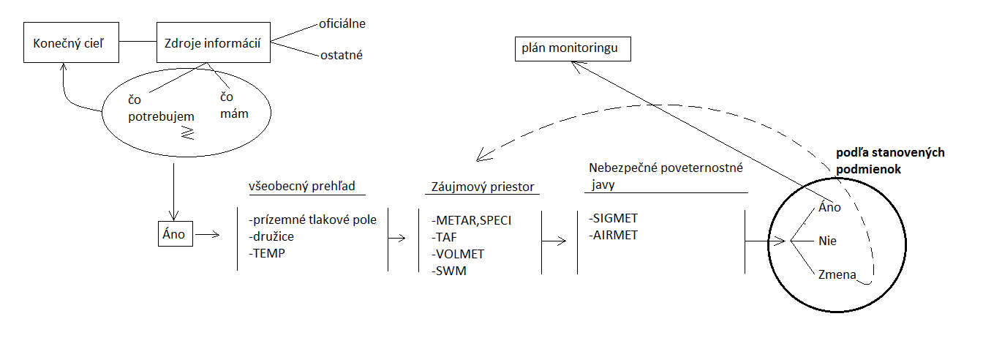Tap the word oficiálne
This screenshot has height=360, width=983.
pyautogui.click(x=342, y=23)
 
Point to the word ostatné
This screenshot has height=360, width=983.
pyautogui.click(x=341, y=55)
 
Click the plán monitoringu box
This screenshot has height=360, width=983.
pyautogui.click(x=570, y=49)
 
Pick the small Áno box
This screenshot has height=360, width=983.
pyautogui.click(x=174, y=235)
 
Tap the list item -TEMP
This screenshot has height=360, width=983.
pyautogui.click(x=267, y=253)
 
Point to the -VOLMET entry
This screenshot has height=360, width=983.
pyautogui.click(x=458, y=254)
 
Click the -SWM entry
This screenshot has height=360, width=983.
pyautogui.click(x=449, y=271)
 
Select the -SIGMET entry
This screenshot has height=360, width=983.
pyautogui.click(x=612, y=218)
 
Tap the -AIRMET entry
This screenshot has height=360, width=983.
pyautogui.click(x=613, y=236)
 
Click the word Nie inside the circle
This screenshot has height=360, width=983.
pyautogui.click(x=828, y=240)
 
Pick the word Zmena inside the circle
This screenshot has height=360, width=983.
pyautogui.click(x=836, y=274)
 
